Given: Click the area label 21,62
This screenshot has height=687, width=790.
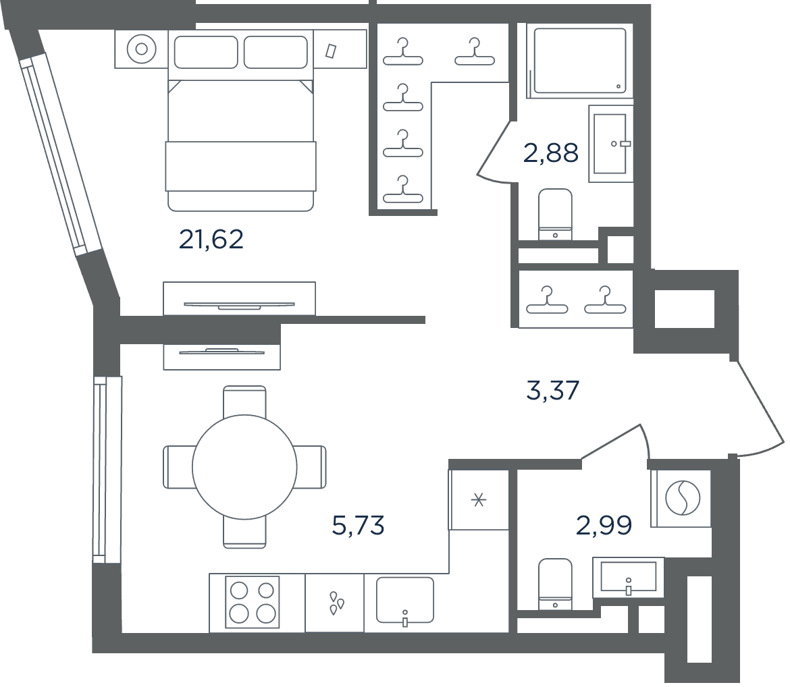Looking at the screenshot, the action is [x=211, y=240].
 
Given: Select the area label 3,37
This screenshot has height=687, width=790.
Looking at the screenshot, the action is [x=553, y=390].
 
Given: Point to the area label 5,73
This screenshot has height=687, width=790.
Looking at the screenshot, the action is [x=359, y=525].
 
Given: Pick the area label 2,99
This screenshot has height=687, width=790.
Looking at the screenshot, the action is [x=604, y=526].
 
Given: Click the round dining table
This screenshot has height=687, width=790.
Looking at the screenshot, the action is [x=245, y=468].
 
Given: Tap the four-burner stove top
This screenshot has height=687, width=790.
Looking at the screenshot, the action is [x=253, y=602].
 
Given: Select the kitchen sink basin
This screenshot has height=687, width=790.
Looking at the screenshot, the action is [x=405, y=600].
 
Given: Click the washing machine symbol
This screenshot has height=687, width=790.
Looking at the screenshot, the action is [x=683, y=497].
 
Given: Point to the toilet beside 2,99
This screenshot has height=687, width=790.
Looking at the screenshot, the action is [x=555, y=584].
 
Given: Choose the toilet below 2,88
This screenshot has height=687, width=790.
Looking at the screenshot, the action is [x=555, y=214].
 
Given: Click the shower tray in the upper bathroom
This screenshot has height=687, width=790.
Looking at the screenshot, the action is [x=580, y=61].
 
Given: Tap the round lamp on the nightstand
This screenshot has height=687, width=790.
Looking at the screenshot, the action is [x=142, y=49].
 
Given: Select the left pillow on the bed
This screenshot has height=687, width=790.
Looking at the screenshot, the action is [x=205, y=52].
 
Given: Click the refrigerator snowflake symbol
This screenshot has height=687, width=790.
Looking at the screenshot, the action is [x=479, y=500].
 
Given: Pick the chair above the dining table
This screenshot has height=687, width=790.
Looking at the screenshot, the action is [x=244, y=401].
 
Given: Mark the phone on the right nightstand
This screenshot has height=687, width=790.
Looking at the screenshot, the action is [x=331, y=51].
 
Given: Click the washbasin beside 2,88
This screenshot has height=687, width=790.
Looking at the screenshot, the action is [x=610, y=144].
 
